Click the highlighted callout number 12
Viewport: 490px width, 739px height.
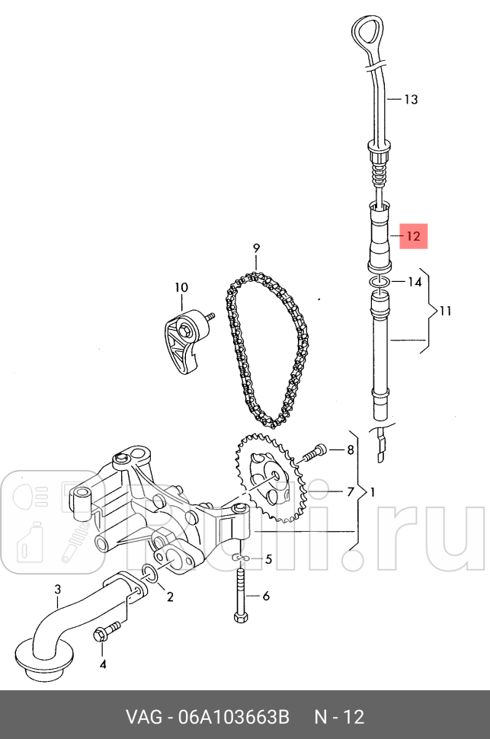point(412,236)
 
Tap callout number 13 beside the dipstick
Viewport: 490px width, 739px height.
point(411,99)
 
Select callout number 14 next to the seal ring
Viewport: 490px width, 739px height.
point(414,282)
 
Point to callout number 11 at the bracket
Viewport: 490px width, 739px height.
point(445,311)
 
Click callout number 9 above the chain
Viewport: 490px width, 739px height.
point(257,248)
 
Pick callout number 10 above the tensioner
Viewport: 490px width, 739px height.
point(181,287)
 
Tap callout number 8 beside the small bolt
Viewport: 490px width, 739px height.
point(351,449)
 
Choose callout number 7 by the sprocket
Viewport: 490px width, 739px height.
point(351,491)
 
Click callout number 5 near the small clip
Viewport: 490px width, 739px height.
point(267,560)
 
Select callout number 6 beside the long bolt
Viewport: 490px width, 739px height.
point(266,597)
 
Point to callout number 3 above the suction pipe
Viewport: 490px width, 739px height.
point(57,589)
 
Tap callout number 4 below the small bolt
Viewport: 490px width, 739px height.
point(104,664)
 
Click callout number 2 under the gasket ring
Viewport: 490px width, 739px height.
point(170,597)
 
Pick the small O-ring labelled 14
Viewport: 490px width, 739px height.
point(380,283)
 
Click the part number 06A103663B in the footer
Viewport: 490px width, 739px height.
point(234,717)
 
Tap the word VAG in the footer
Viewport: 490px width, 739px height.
point(143,717)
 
